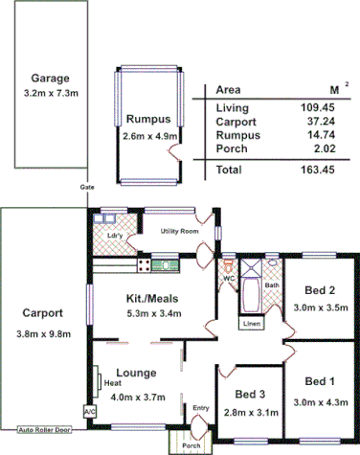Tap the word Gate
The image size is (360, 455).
(x=88, y=190)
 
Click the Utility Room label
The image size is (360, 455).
(x=179, y=232)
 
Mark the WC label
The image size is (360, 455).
(x=229, y=279)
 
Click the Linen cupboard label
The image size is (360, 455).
(x=251, y=324)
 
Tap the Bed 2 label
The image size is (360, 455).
(x=319, y=290)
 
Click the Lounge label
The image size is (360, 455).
(x=136, y=374)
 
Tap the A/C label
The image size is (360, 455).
(x=90, y=411)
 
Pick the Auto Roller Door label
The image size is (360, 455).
(x=45, y=430)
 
